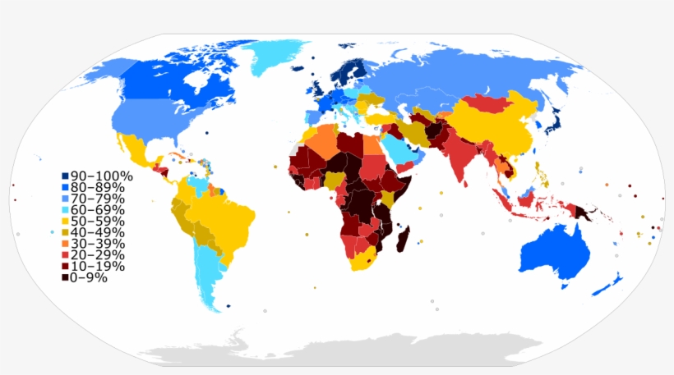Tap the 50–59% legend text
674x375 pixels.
click(96, 222)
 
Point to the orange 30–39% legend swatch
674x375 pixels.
click(64, 244)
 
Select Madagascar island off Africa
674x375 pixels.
click(403, 240)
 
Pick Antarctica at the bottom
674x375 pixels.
click(345, 349)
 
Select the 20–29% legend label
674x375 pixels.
click(96, 255)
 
